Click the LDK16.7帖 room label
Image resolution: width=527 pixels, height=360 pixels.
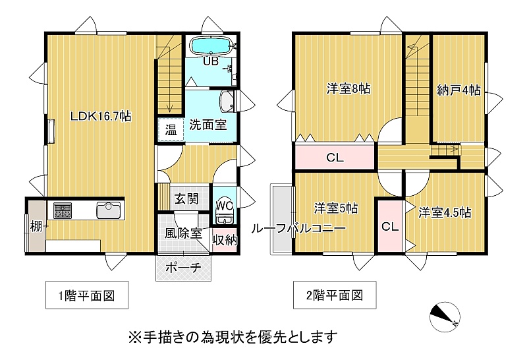click(x=101, y=117)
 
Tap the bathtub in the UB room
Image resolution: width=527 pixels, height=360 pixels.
click(x=211, y=45)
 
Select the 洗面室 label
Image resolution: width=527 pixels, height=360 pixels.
click(x=208, y=125)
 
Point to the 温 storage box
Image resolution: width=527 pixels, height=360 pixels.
click(x=171, y=129)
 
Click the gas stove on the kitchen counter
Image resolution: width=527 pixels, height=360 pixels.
click(x=63, y=210)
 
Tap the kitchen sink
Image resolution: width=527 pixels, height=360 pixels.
click(x=108, y=210)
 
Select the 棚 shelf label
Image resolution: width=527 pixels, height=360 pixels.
click(x=36, y=226)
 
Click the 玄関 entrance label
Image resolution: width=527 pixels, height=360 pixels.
click(x=186, y=199)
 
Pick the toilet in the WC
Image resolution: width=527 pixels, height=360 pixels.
click(x=224, y=216)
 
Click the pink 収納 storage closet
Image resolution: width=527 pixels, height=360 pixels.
click(x=225, y=240)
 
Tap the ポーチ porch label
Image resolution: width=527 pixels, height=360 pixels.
click(x=184, y=268)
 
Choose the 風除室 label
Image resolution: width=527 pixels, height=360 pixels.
click(x=183, y=233)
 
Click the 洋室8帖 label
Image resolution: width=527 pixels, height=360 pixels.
click(x=348, y=89)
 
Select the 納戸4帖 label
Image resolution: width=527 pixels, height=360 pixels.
click(x=458, y=90)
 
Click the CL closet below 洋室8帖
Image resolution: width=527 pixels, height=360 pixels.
click(x=335, y=156)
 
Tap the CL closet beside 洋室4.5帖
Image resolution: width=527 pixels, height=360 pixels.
click(x=390, y=226)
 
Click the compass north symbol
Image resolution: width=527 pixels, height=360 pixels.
click(x=445, y=316)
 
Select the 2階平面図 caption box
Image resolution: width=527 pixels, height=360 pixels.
click(x=335, y=295)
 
